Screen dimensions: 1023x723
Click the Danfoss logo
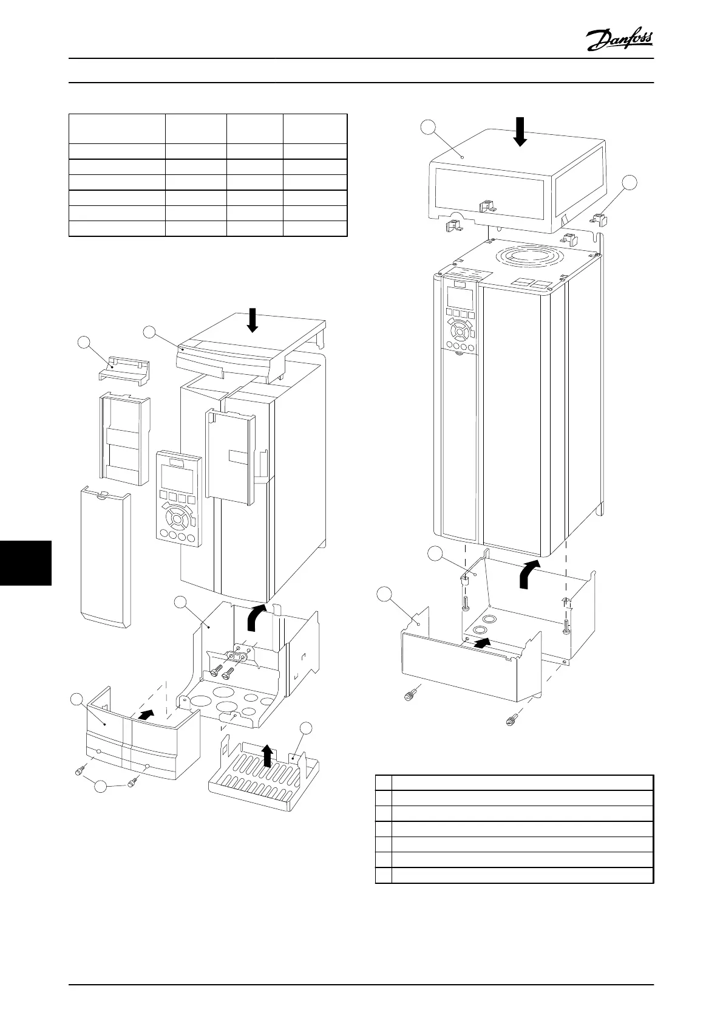point(620,41)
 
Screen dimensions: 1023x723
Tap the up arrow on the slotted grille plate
point(266,757)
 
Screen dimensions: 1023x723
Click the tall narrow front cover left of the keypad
point(106,556)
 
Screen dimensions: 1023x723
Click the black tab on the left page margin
point(25,563)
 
